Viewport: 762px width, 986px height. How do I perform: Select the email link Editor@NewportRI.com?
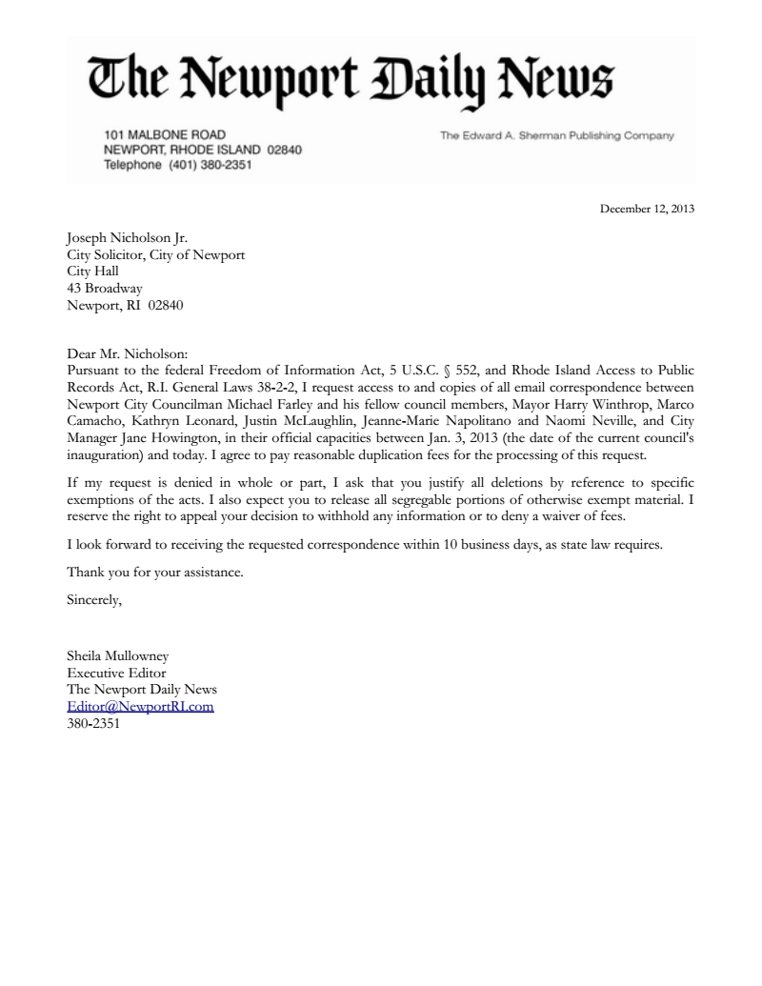click(140, 706)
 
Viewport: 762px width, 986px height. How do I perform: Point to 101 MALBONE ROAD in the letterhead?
click(164, 135)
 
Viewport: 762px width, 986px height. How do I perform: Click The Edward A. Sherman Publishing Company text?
click(556, 135)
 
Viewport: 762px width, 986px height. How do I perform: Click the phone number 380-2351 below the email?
click(93, 723)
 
